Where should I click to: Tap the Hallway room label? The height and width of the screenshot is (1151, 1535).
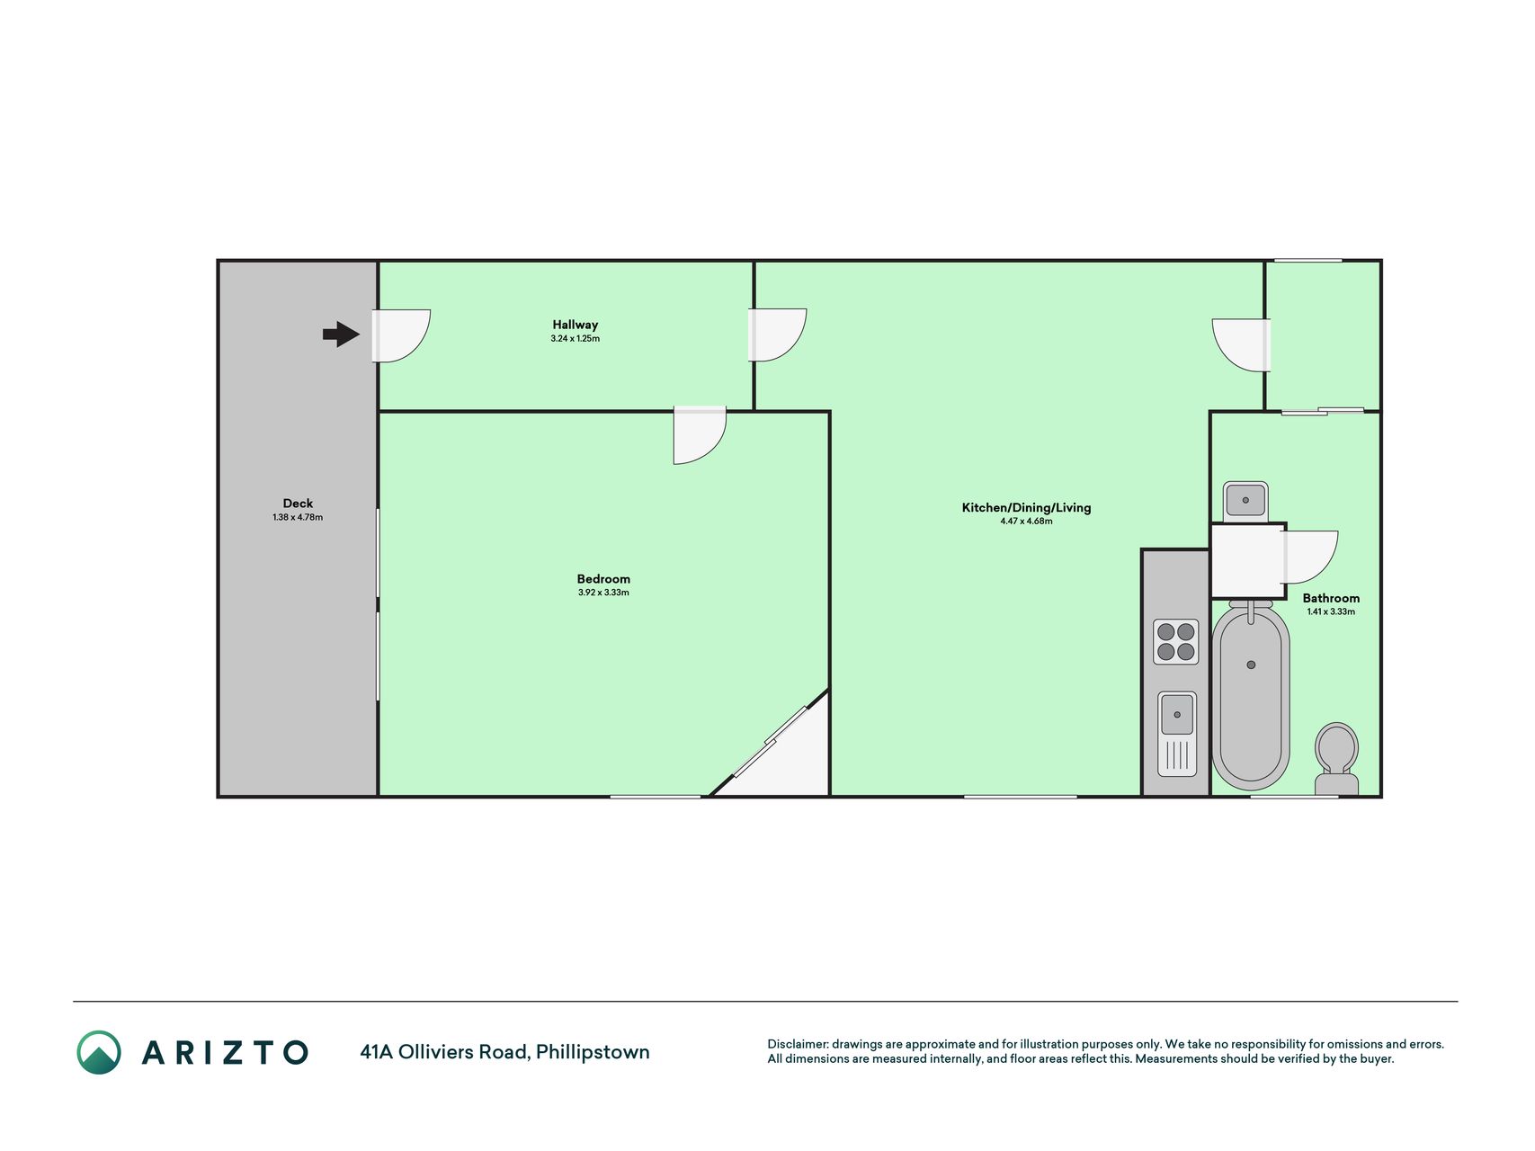pos(576,325)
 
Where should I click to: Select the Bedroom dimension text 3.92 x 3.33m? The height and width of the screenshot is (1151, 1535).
pos(603,593)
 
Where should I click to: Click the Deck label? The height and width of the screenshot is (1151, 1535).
pos(298,504)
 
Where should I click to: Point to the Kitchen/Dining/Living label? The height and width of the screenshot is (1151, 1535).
pos(1026,507)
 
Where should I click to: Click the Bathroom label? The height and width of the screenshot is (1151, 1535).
pos(1331,598)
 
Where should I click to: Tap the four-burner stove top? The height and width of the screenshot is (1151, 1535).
pos(1176,642)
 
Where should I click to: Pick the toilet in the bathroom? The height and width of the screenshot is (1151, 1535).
pos(1336,759)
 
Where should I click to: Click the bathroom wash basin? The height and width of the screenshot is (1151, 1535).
pos(1245,499)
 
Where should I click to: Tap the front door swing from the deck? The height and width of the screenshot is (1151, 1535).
pos(401,335)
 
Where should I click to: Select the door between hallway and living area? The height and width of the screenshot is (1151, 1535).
pos(777,335)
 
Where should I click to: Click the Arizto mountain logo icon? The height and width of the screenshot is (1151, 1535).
pos(99,1052)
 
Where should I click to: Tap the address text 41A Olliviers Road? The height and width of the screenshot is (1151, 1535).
pos(444,1051)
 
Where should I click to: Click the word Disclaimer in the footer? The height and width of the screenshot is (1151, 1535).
pos(797,1044)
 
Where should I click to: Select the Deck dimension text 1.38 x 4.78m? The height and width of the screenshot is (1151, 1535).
pos(298,518)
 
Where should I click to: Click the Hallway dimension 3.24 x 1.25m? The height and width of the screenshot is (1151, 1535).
pos(576,339)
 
